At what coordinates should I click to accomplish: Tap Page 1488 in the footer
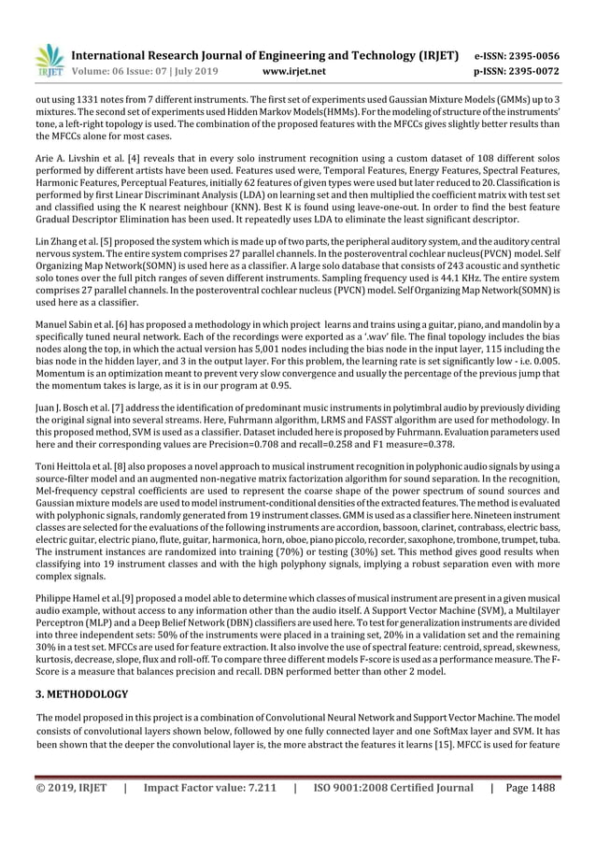528,788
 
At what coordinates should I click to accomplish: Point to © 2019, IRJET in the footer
71,788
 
